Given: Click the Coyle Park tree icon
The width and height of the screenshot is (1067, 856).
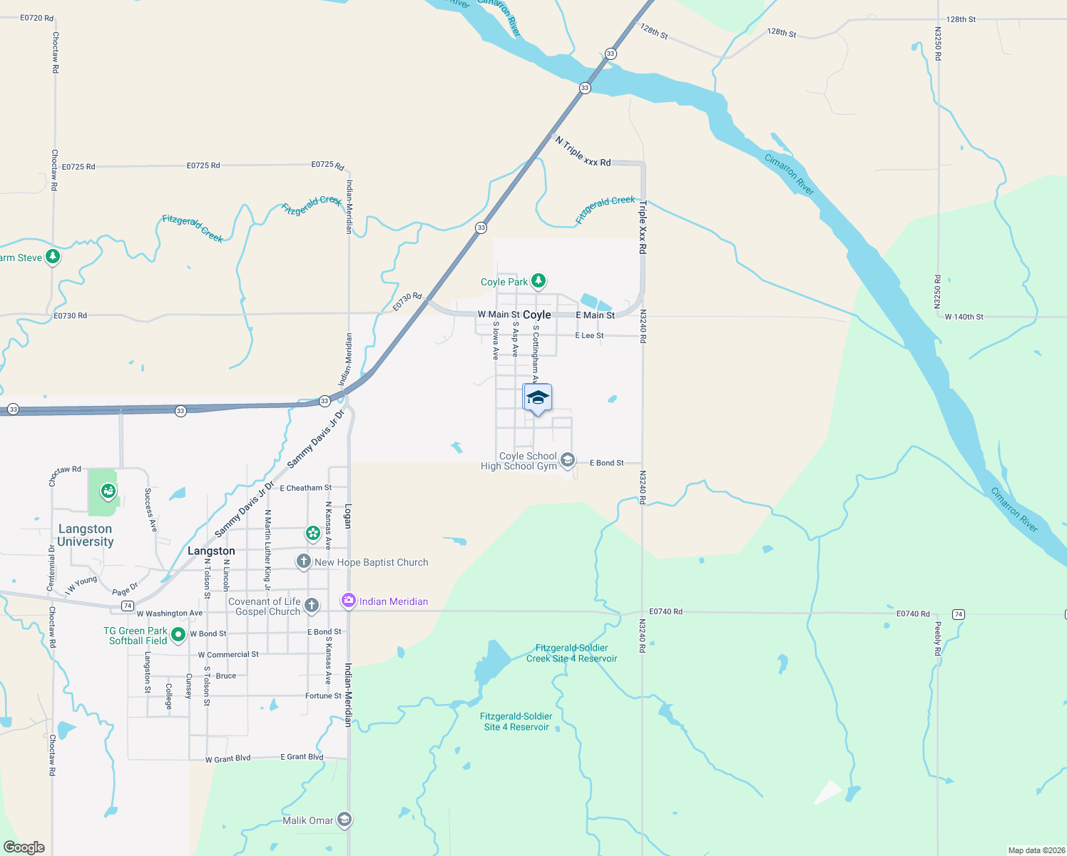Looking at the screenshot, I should (538, 281).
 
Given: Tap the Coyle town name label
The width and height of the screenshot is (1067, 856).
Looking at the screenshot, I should (536, 315).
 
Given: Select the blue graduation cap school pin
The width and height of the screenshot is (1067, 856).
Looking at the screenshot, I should (537, 398).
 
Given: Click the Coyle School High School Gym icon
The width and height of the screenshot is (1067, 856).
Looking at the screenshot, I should (567, 460).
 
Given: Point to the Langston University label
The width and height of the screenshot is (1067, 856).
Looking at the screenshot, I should (86, 535).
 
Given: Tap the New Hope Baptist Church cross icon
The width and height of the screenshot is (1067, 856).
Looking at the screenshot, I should (304, 562).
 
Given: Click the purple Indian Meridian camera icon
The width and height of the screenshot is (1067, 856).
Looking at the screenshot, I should (348, 601).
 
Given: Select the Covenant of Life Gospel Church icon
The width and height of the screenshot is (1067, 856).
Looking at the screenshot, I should (311, 606).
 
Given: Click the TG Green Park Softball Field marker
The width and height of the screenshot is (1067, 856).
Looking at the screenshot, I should (178, 634).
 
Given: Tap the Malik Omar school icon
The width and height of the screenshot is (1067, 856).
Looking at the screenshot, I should (344, 820).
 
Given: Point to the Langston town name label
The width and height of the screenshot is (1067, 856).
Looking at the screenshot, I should (211, 551).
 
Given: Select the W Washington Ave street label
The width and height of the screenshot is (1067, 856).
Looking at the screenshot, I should (169, 613).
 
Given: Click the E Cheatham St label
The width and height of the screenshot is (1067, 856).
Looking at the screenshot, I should (305, 488).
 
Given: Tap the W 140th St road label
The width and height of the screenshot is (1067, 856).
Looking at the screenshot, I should (964, 317).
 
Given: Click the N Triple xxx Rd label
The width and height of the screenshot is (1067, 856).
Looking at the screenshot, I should (583, 152).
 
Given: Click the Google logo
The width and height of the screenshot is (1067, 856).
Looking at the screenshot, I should (24, 847).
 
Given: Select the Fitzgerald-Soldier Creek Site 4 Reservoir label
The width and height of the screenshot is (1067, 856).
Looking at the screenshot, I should (571, 653).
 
